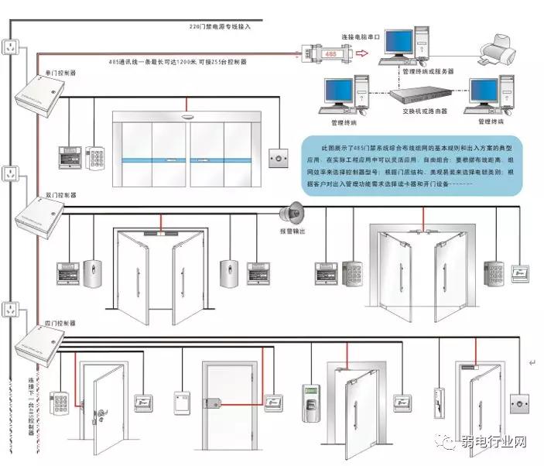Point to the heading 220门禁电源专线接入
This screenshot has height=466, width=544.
221,26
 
